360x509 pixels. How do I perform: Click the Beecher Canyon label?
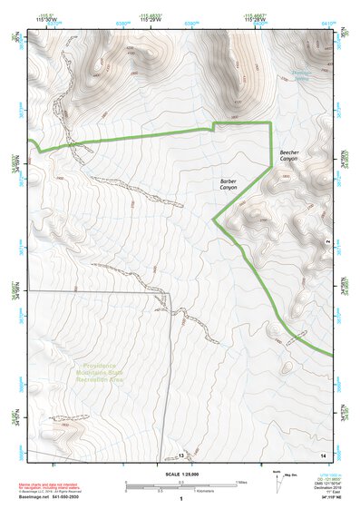288,156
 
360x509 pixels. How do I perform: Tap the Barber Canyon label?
228,184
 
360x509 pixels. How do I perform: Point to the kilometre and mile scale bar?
180,485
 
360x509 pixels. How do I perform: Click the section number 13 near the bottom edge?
180,455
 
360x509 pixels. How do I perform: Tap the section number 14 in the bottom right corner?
322,455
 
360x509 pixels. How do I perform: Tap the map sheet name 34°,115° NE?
323,497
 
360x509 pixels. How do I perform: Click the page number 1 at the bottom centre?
181,499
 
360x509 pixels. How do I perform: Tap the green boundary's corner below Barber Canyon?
214,220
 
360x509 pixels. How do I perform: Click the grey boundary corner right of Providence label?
169,294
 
